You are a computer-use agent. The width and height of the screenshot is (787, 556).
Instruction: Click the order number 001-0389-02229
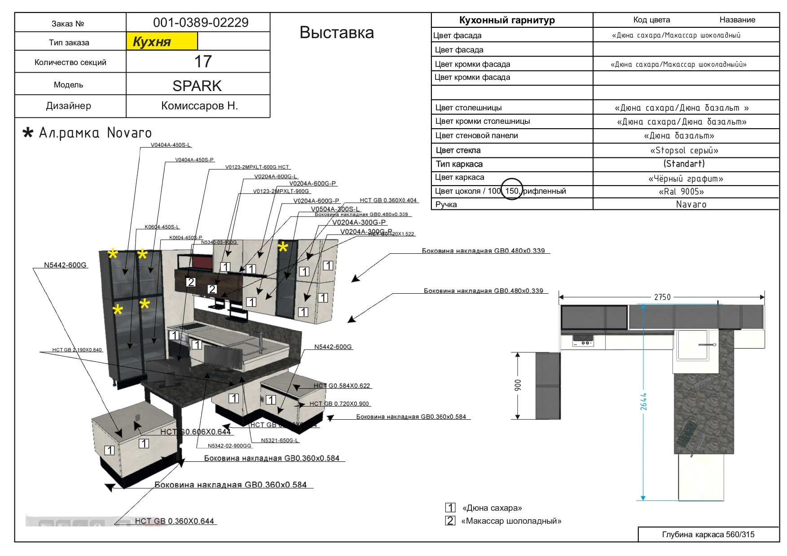coord(201,22)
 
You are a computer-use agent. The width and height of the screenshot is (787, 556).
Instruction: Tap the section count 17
coord(203,61)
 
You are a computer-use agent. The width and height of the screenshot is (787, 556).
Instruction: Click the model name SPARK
coord(197,86)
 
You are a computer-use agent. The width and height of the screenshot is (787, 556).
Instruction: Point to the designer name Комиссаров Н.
coord(199,106)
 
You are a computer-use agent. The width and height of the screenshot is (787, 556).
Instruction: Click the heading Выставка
coord(337,33)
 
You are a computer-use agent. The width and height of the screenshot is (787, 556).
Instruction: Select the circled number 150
coord(512,191)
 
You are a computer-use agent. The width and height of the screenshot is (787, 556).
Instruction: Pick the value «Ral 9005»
coord(681,192)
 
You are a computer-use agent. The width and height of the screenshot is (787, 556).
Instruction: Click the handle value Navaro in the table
coord(691,204)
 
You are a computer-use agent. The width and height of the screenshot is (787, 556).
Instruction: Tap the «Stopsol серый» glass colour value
coord(684,150)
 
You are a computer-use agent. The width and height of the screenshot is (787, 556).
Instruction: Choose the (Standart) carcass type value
coord(684,164)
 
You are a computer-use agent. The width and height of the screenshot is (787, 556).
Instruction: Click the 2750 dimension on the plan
coord(662,297)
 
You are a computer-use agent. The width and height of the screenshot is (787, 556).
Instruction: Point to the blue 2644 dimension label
coord(643,401)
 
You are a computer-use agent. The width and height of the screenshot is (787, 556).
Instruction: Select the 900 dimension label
coord(518,385)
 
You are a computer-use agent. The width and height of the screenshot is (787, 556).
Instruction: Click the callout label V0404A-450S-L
coord(171,145)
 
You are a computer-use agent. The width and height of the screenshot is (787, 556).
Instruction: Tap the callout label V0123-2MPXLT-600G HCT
coord(257,167)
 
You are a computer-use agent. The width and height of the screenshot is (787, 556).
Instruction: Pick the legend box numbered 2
coord(450,521)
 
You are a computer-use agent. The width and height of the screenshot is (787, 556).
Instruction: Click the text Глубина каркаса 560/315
coord(708,534)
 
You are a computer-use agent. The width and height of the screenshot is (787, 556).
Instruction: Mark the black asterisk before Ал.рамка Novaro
coord(28,133)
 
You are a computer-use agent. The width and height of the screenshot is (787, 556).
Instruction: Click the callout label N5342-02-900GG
coord(229,446)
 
